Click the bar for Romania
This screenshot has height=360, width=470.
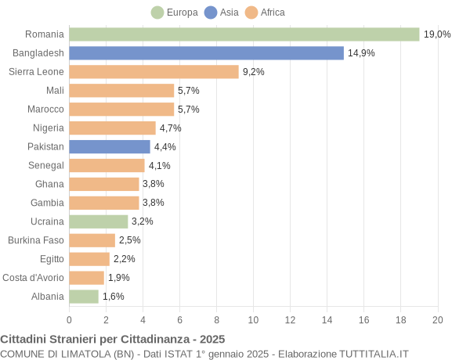244,34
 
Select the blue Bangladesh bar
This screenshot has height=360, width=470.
206,53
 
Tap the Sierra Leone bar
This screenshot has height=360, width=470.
154,72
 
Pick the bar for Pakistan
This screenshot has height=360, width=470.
110,146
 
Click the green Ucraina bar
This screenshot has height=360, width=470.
98,221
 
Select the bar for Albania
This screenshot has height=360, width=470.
84,297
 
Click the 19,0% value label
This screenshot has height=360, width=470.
437,34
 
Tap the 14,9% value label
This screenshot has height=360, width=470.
361,53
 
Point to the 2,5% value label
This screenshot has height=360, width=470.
130,240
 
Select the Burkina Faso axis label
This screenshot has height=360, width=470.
36,240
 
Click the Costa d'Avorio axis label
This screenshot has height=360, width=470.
33,278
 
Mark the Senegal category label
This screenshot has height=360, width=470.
46,165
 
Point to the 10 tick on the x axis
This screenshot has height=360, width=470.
253,319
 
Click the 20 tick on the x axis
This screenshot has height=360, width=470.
437,319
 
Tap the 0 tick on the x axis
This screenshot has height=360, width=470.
69,319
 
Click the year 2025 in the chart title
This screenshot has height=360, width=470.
211,339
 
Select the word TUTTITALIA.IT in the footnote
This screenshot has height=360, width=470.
374,354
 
